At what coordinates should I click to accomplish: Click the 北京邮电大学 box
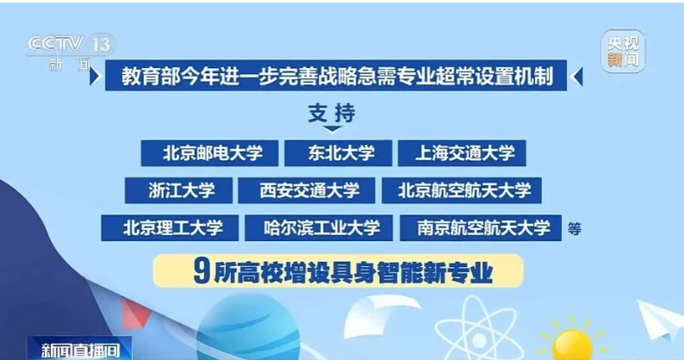[209, 153]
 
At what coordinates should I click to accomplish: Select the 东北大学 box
[338, 153]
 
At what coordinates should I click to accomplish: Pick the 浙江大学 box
[178, 190]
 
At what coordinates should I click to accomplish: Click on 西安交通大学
[306, 190]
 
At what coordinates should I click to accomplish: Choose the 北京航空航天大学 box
[462, 190]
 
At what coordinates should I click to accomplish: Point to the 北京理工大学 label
[170, 227]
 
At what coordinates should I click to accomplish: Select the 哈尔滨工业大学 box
[319, 227]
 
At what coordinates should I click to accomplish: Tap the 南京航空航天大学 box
[481, 227]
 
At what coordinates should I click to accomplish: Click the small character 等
[575, 228]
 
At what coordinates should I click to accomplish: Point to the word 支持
[332, 114]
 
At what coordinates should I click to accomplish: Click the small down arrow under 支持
[333, 129]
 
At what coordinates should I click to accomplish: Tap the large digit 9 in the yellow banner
[200, 272]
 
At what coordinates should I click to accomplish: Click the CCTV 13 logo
[71, 44]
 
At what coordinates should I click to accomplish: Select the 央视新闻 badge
[623, 51]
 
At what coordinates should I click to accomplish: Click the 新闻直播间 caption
[80, 350]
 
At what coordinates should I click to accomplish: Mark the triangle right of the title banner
[576, 76]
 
